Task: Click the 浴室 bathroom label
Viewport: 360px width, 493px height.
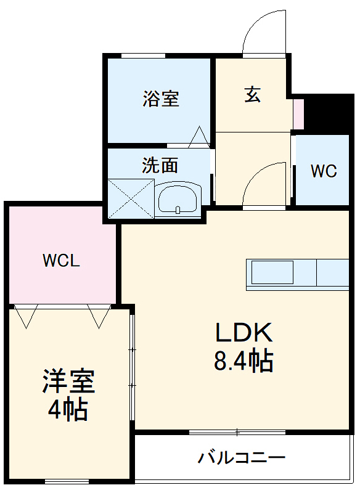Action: (x=161, y=99)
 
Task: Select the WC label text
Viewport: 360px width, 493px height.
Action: (x=323, y=171)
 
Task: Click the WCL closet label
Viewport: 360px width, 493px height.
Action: (x=61, y=261)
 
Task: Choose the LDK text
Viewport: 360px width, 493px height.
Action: (x=243, y=333)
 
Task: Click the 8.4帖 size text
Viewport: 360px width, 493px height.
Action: (x=243, y=362)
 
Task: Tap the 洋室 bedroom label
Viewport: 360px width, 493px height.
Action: (x=68, y=381)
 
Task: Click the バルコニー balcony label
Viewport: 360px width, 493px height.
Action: (x=242, y=458)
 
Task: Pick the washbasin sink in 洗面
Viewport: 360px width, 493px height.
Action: (x=178, y=198)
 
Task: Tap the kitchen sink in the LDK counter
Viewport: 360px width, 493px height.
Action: (x=272, y=272)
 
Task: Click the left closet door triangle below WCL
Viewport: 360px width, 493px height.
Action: (x=27, y=316)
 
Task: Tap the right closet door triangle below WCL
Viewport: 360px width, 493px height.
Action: (x=98, y=316)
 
